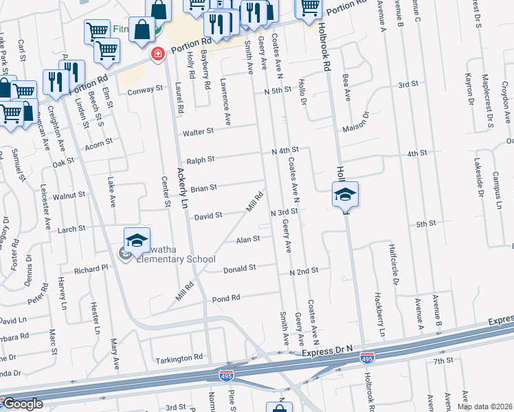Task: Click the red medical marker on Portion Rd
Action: pos(158,54)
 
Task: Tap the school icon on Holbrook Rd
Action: pos(345,194)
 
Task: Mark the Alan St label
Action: pos(248,240)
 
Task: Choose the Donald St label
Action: pos(240,268)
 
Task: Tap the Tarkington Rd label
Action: pos(180,357)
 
